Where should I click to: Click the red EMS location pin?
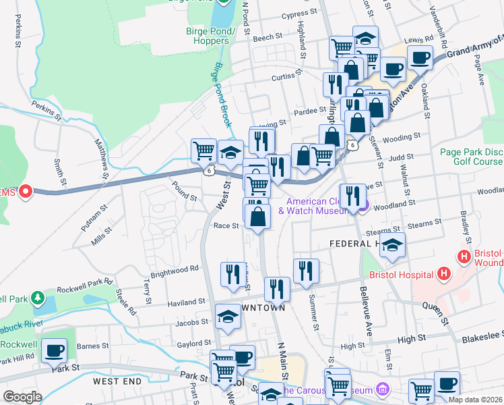[x=25, y=193]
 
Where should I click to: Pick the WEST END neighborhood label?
[x=117, y=381]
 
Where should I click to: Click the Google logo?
[x=22, y=397]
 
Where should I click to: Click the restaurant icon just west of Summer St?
[x=305, y=271]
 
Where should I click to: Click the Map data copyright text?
[x=476, y=400]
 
